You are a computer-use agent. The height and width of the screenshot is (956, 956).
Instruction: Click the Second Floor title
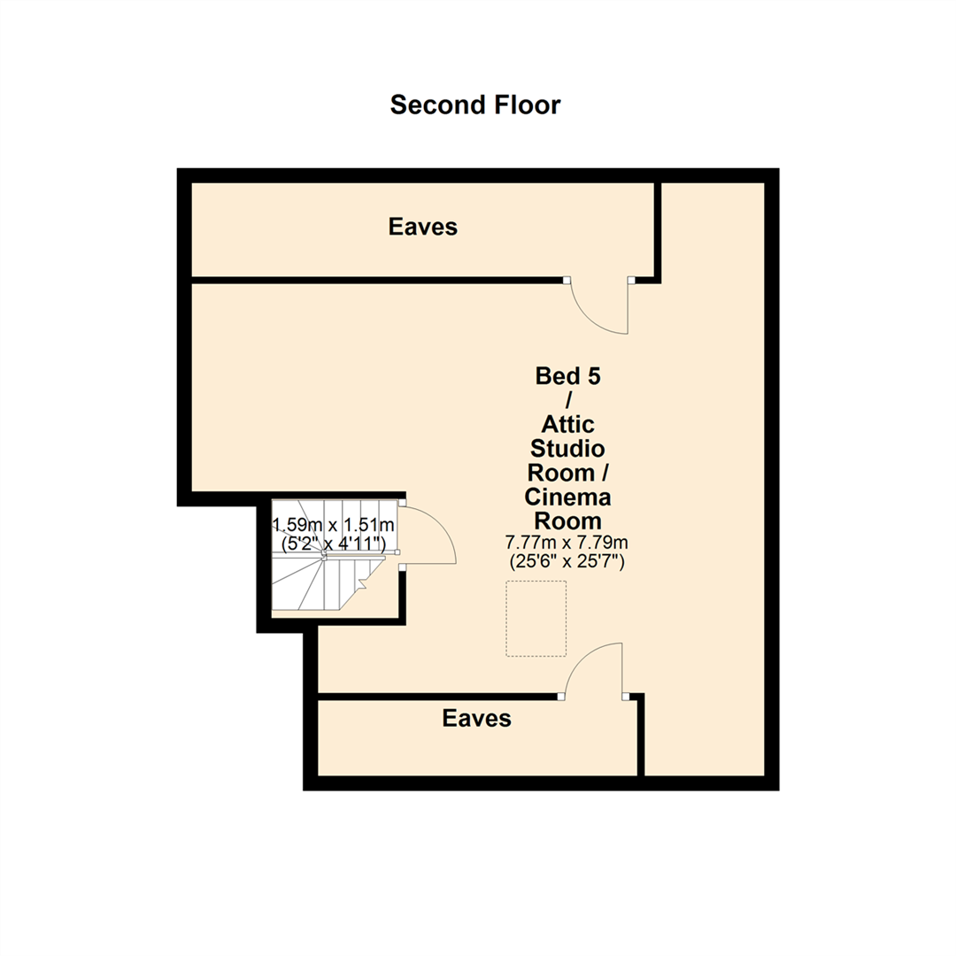(475, 104)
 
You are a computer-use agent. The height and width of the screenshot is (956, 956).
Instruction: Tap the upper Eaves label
(423, 227)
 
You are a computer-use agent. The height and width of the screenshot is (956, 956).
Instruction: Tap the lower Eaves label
(477, 718)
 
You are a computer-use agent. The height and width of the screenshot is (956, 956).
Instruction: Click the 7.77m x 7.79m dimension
(567, 542)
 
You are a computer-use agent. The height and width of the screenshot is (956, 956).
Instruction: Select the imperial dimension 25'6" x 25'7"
(567, 561)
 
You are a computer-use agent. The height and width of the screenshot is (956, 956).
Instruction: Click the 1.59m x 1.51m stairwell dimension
(332, 525)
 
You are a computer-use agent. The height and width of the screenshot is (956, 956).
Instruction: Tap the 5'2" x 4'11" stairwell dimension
(332, 544)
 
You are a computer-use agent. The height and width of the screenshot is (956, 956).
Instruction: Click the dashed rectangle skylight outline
(536, 619)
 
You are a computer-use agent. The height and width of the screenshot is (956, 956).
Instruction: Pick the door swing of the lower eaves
(592, 668)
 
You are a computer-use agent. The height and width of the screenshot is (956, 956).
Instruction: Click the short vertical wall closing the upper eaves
(658, 230)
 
